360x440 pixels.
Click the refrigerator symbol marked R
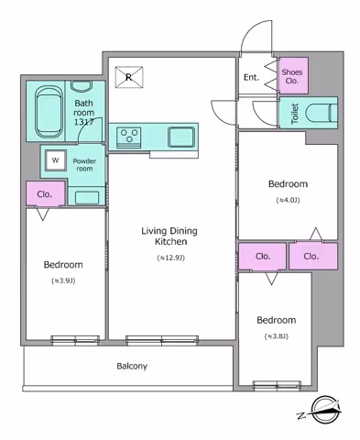click(x=129, y=78)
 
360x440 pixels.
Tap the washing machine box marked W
click(x=56, y=160)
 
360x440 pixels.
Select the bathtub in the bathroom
click(x=49, y=112)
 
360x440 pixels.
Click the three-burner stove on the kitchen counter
click(x=129, y=137)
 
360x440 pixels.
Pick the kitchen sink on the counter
click(x=181, y=137)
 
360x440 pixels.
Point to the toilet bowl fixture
click(x=322, y=113)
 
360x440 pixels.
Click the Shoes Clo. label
click(x=292, y=76)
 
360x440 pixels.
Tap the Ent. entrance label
click(x=251, y=77)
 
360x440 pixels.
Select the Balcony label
click(x=132, y=366)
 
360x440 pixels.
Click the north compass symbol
click(x=323, y=410)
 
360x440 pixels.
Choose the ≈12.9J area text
click(x=171, y=258)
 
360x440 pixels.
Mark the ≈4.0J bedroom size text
click(x=288, y=200)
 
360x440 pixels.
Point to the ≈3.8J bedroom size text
click(x=277, y=336)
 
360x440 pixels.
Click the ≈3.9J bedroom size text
click(x=63, y=280)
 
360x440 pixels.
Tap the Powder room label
click(x=84, y=165)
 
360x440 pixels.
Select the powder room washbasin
click(x=87, y=197)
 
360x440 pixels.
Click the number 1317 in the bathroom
click(x=84, y=122)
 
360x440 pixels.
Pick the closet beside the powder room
click(x=46, y=193)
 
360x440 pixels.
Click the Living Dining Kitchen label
click(x=169, y=236)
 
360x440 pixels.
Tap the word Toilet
click(x=295, y=114)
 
